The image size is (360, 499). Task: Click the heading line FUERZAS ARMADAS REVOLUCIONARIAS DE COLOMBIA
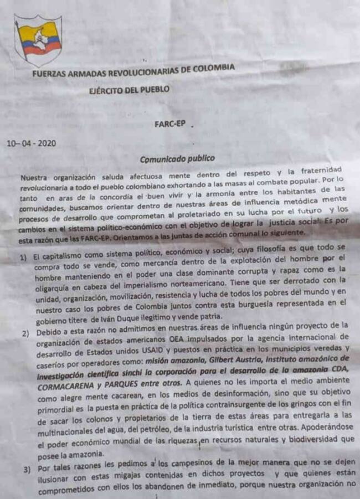tap(133, 70)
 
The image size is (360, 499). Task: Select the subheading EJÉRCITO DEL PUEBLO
tap(131, 89)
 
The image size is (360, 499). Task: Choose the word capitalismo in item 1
tap(63, 258)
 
